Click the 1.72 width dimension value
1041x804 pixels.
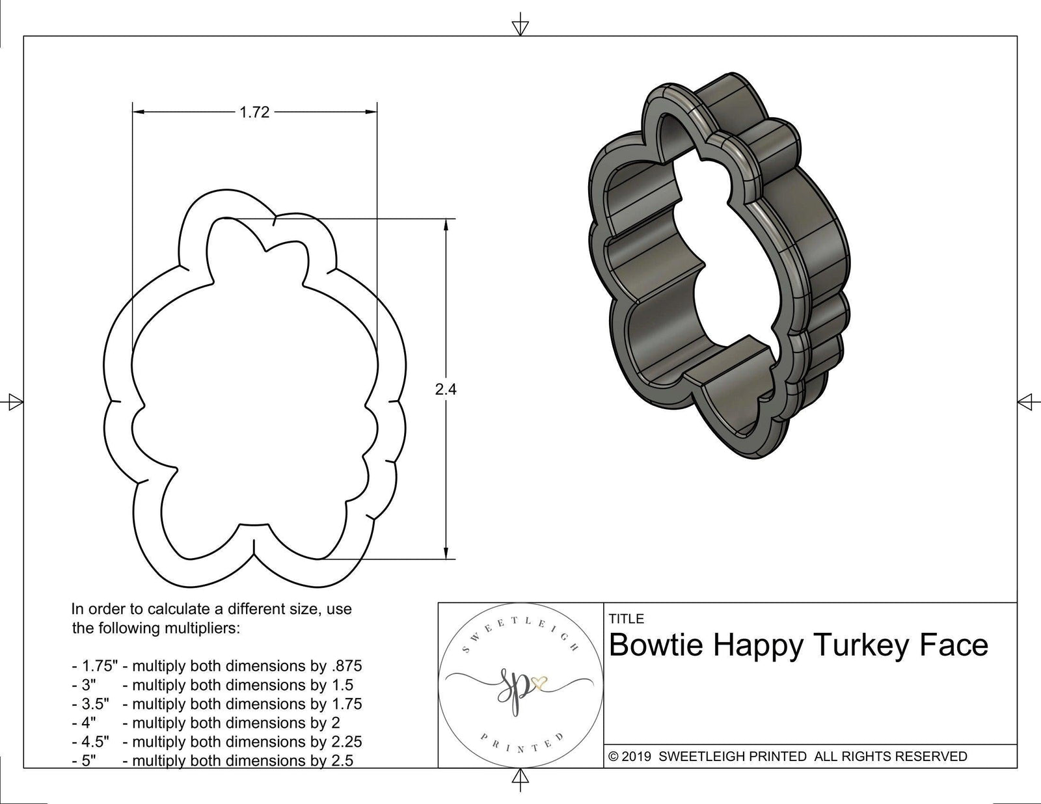[254, 113]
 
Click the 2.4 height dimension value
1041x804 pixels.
[446, 390]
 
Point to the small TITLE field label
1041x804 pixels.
[626, 619]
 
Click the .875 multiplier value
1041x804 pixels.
[346, 666]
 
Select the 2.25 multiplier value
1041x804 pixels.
[346, 742]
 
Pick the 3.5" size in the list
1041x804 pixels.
[89, 704]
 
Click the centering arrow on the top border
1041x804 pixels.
[519, 27]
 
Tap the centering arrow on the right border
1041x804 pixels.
[1026, 401]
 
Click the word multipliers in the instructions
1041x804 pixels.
[208, 629]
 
